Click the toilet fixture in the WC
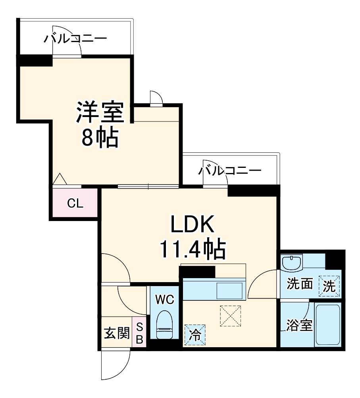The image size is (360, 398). pyautogui.click(x=164, y=325)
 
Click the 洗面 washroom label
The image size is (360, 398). pyautogui.click(x=300, y=284)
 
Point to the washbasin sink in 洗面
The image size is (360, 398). pyautogui.click(x=292, y=263)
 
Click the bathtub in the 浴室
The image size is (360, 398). pyautogui.click(x=327, y=325)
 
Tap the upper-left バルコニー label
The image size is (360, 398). pyautogui.click(x=75, y=39)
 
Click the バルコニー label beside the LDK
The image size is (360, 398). pyautogui.click(x=230, y=171)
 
